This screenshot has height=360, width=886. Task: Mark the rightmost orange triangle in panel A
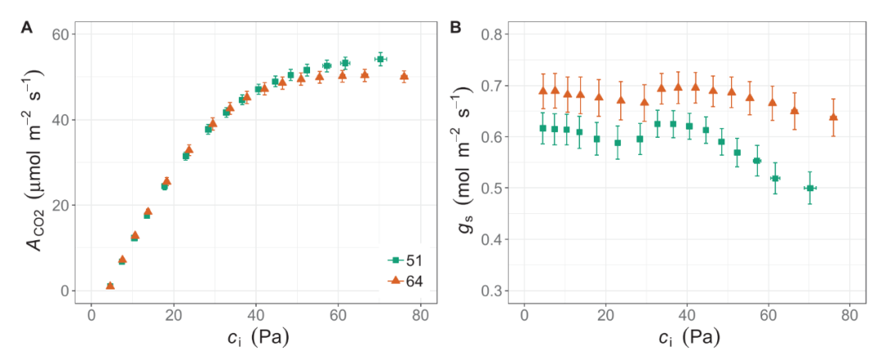tap(404, 76)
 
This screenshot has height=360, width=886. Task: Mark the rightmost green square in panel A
tap(380, 59)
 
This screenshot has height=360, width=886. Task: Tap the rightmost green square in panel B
tap(810, 188)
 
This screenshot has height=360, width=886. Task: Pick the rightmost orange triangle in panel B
tap(833, 117)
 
